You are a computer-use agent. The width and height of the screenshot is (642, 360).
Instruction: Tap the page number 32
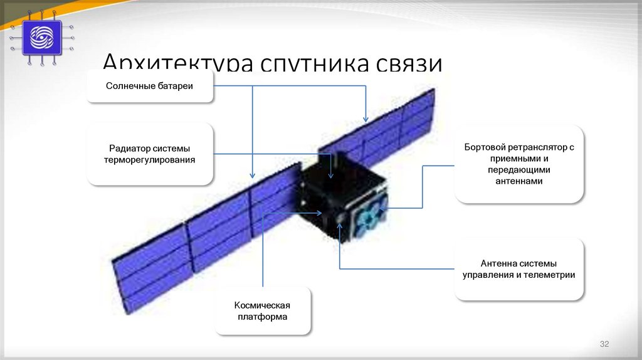point(604,344)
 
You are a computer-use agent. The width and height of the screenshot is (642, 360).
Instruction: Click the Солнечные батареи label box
point(149,86)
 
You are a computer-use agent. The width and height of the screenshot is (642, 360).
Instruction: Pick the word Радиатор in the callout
point(127,149)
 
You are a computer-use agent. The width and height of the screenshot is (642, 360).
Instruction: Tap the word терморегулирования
point(150,160)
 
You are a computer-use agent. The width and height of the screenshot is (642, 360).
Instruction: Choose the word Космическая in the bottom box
point(262,305)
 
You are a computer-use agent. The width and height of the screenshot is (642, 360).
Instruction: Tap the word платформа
point(262,317)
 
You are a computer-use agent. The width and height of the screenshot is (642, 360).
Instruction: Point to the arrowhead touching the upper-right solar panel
point(366,119)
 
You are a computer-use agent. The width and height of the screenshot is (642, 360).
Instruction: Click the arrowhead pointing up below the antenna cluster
point(339,225)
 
